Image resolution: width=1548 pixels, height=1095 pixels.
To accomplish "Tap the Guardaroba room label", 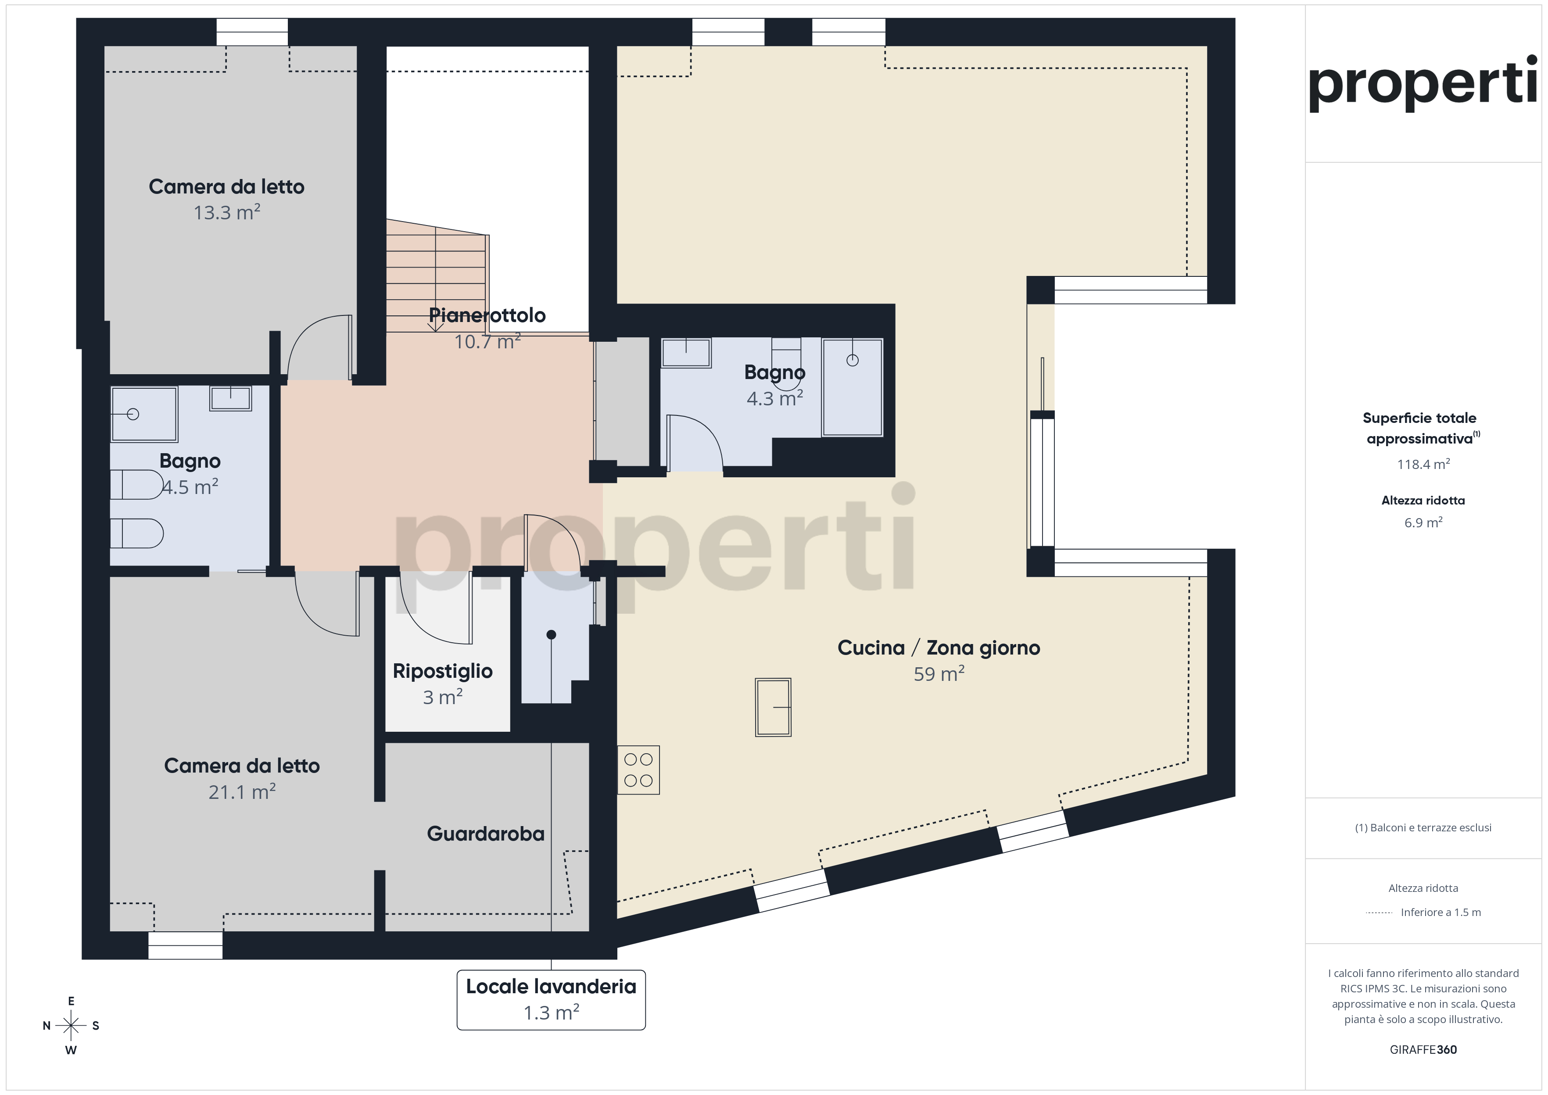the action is (x=485, y=834).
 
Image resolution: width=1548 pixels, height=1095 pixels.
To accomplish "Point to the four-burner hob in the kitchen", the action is (x=638, y=769).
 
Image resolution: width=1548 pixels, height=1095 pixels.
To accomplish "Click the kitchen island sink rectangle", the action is (x=773, y=707).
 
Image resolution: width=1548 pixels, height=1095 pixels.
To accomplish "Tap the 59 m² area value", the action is (x=939, y=673).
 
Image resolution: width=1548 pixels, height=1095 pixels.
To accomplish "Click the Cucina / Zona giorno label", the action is (x=939, y=648).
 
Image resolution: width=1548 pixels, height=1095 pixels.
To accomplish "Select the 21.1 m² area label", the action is (x=242, y=791).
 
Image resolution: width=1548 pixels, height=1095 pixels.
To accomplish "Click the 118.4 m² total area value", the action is (x=1423, y=464).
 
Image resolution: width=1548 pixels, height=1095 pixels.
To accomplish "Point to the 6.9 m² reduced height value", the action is (x=1423, y=522).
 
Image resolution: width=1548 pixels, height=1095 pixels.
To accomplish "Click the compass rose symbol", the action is (x=71, y=1026).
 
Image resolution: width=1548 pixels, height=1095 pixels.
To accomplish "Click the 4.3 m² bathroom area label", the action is (x=775, y=398).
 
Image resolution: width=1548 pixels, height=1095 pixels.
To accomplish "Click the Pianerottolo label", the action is (x=487, y=315).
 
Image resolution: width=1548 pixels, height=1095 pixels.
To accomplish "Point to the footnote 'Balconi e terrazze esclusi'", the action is (x=1423, y=827).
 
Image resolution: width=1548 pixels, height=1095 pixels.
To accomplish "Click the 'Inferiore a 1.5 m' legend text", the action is (x=1441, y=912).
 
